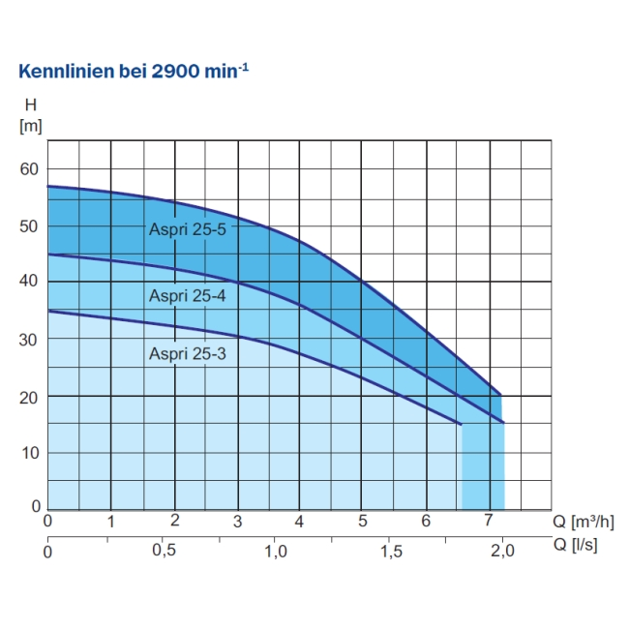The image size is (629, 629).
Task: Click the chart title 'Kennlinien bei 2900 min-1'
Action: click(x=135, y=74)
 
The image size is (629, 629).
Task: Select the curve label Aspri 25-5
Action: click(x=187, y=229)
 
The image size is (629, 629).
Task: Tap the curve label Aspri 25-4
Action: click(x=187, y=295)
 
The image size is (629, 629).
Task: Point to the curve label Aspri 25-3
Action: click(x=187, y=353)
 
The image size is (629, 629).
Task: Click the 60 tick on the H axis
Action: click(x=29, y=169)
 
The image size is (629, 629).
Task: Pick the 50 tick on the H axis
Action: click(x=29, y=225)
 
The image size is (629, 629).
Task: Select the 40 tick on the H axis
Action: click(x=29, y=282)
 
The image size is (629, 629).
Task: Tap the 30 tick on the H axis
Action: click(x=29, y=340)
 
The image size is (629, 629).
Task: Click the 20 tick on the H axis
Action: click(x=29, y=397)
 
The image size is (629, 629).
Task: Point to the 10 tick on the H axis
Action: click(x=29, y=452)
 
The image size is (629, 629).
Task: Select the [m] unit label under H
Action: click(x=30, y=126)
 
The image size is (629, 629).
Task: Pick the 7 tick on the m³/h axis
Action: click(x=489, y=521)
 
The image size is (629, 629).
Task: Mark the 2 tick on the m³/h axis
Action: click(x=174, y=521)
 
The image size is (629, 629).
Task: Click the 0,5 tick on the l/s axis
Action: click(x=165, y=551)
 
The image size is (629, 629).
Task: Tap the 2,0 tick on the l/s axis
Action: click(x=503, y=551)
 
